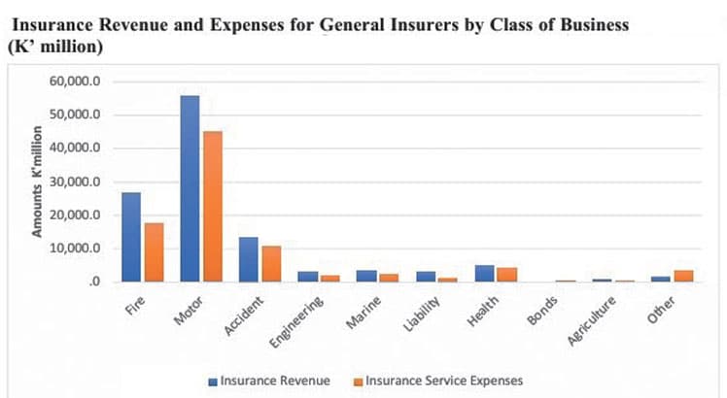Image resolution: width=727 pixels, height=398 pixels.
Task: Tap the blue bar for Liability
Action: click(425, 277)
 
